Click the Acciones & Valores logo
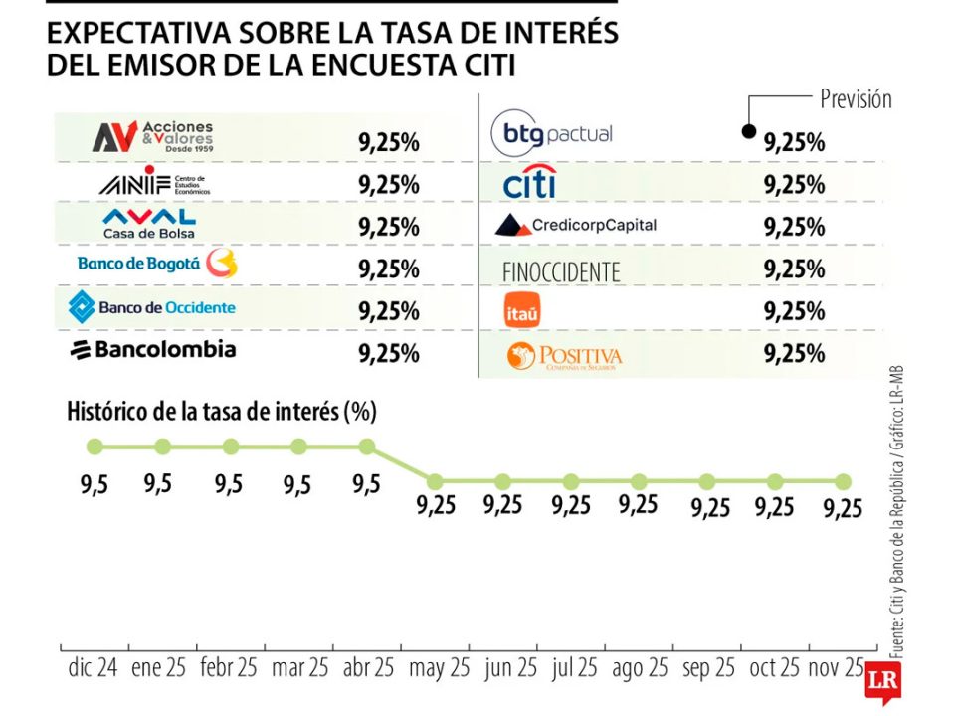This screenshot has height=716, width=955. [x=152, y=137]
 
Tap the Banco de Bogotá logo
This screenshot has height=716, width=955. [x=157, y=264]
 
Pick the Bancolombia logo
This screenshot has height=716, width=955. [x=152, y=349]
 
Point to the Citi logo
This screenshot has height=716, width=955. [x=529, y=183]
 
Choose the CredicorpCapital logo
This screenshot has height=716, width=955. [x=576, y=225]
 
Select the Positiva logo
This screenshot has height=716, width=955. [x=564, y=356]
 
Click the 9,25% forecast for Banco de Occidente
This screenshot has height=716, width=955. [x=389, y=311]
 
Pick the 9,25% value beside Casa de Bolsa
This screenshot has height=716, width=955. [x=389, y=227]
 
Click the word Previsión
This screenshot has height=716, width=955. [x=856, y=98]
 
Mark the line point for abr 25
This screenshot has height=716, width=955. [x=367, y=447]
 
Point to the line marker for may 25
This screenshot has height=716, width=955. [x=435, y=481]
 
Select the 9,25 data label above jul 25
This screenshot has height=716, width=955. [x=571, y=505]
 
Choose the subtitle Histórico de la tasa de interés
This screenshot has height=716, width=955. [x=221, y=410]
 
